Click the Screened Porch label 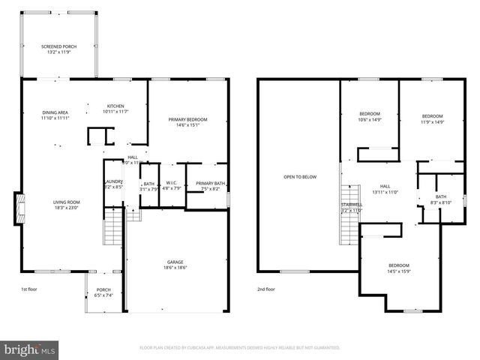(58, 46)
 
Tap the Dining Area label (55, 112)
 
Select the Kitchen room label (115, 106)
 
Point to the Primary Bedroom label (187, 119)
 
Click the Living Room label (66, 202)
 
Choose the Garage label (175, 262)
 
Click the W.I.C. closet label (172, 184)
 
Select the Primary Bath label (210, 184)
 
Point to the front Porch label (103, 289)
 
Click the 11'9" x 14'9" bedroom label (432, 116)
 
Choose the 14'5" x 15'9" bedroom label (399, 265)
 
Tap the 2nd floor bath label (440, 196)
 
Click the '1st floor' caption (28, 289)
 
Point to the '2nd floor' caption (266, 289)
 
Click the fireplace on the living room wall (18, 208)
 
